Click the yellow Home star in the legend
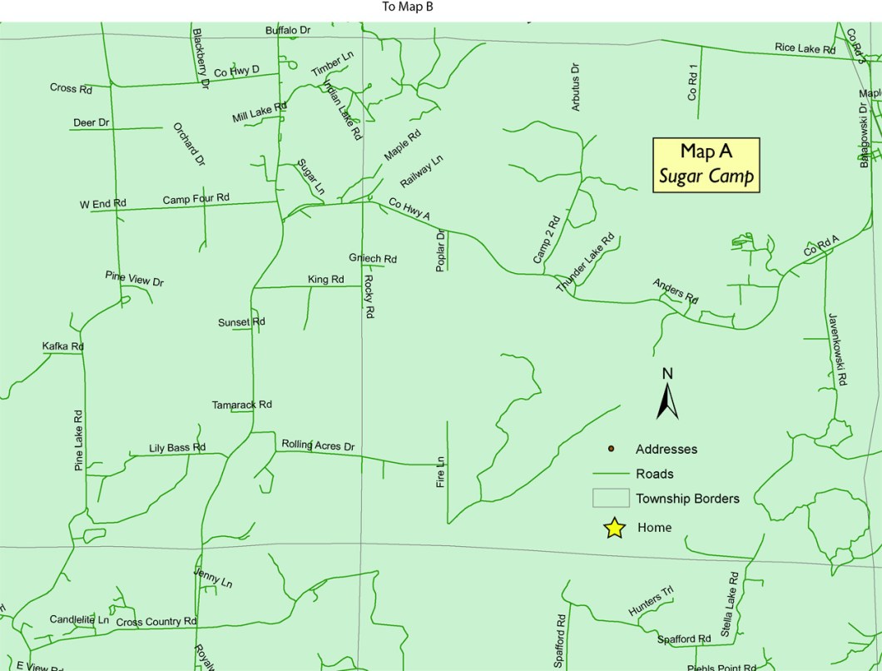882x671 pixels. [614, 528]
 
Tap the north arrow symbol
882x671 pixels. [667, 395]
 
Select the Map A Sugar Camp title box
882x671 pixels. [706, 164]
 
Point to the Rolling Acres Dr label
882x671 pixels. [318, 445]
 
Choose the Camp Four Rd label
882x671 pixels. [196, 199]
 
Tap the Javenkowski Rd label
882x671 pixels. [836, 349]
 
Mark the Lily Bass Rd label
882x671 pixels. [177, 448]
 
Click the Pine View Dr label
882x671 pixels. [135, 279]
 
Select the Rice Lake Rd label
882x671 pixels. [805, 49]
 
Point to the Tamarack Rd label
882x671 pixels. [242, 405]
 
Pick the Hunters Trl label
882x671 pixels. [651, 602]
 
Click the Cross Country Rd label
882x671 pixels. [156, 622]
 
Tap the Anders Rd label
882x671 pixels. [676, 289]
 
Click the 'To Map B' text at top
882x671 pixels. [408, 7]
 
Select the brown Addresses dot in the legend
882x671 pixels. [611, 449]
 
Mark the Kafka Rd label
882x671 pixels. [63, 346]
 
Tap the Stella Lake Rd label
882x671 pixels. [728, 605]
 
